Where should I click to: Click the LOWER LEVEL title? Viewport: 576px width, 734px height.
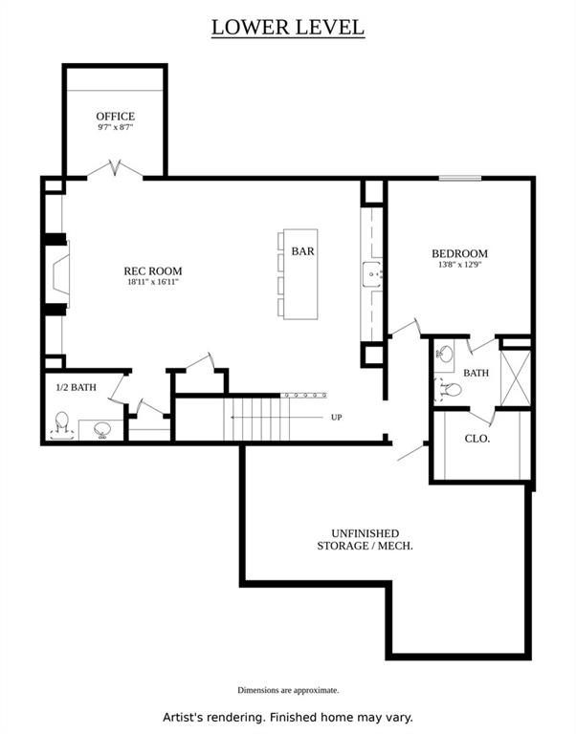288,27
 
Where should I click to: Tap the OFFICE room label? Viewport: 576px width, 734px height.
115,116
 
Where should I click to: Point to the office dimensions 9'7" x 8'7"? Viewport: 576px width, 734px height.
115,127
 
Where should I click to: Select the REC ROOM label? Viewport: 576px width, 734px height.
153,270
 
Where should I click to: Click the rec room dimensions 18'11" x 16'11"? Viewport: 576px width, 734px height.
153,282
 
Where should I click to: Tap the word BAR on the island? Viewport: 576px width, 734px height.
302,251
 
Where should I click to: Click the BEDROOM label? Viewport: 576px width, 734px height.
460,253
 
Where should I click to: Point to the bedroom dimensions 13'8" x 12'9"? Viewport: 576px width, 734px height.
460,265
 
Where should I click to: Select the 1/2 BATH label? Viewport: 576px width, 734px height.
76,387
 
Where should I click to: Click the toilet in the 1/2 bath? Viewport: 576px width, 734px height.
62,425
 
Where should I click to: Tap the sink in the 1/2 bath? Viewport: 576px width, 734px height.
102,429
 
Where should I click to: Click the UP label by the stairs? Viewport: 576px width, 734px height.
337,417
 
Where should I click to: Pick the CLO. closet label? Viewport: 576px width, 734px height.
477,439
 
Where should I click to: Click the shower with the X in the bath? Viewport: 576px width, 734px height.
516,378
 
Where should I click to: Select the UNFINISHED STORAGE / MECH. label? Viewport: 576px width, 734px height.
366,540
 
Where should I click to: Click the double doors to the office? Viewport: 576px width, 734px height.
115,169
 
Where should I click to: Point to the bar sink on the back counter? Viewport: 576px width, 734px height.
371,274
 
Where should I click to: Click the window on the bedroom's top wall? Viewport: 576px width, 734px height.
460,178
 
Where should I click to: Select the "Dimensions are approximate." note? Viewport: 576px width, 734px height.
288,690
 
